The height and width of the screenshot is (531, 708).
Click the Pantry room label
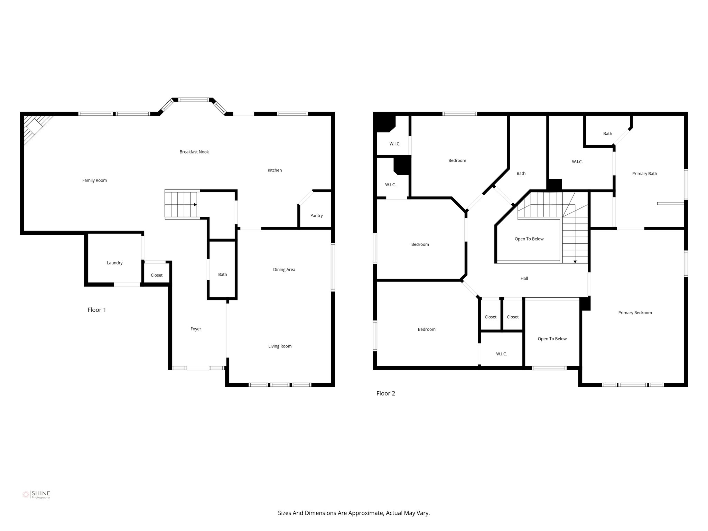coord(316,216)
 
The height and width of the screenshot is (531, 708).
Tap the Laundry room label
coord(114,263)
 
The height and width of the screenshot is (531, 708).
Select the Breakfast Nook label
coord(194,152)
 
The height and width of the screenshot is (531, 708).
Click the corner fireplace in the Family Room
coord(34,128)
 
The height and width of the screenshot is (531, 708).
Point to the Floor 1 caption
coord(96,310)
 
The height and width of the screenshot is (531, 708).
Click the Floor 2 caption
coord(385,393)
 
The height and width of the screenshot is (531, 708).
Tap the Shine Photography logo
coord(36,495)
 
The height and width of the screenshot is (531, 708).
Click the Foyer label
coord(196,329)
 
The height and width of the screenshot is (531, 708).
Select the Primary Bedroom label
coord(635,313)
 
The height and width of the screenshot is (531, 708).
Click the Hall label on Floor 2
coord(524,278)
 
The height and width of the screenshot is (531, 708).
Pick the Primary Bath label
coord(644,174)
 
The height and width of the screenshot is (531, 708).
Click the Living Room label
coord(280,346)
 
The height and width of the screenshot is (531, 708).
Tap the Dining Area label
coord(284,270)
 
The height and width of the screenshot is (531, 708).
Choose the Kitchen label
coord(274,170)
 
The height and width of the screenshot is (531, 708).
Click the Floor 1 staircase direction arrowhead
coord(195,205)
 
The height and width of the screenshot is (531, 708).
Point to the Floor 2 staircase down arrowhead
coord(575,262)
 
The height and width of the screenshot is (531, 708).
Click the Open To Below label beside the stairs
coord(529,239)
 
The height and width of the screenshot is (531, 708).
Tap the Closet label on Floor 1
coord(157,275)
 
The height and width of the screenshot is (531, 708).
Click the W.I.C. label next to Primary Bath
coord(577,162)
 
